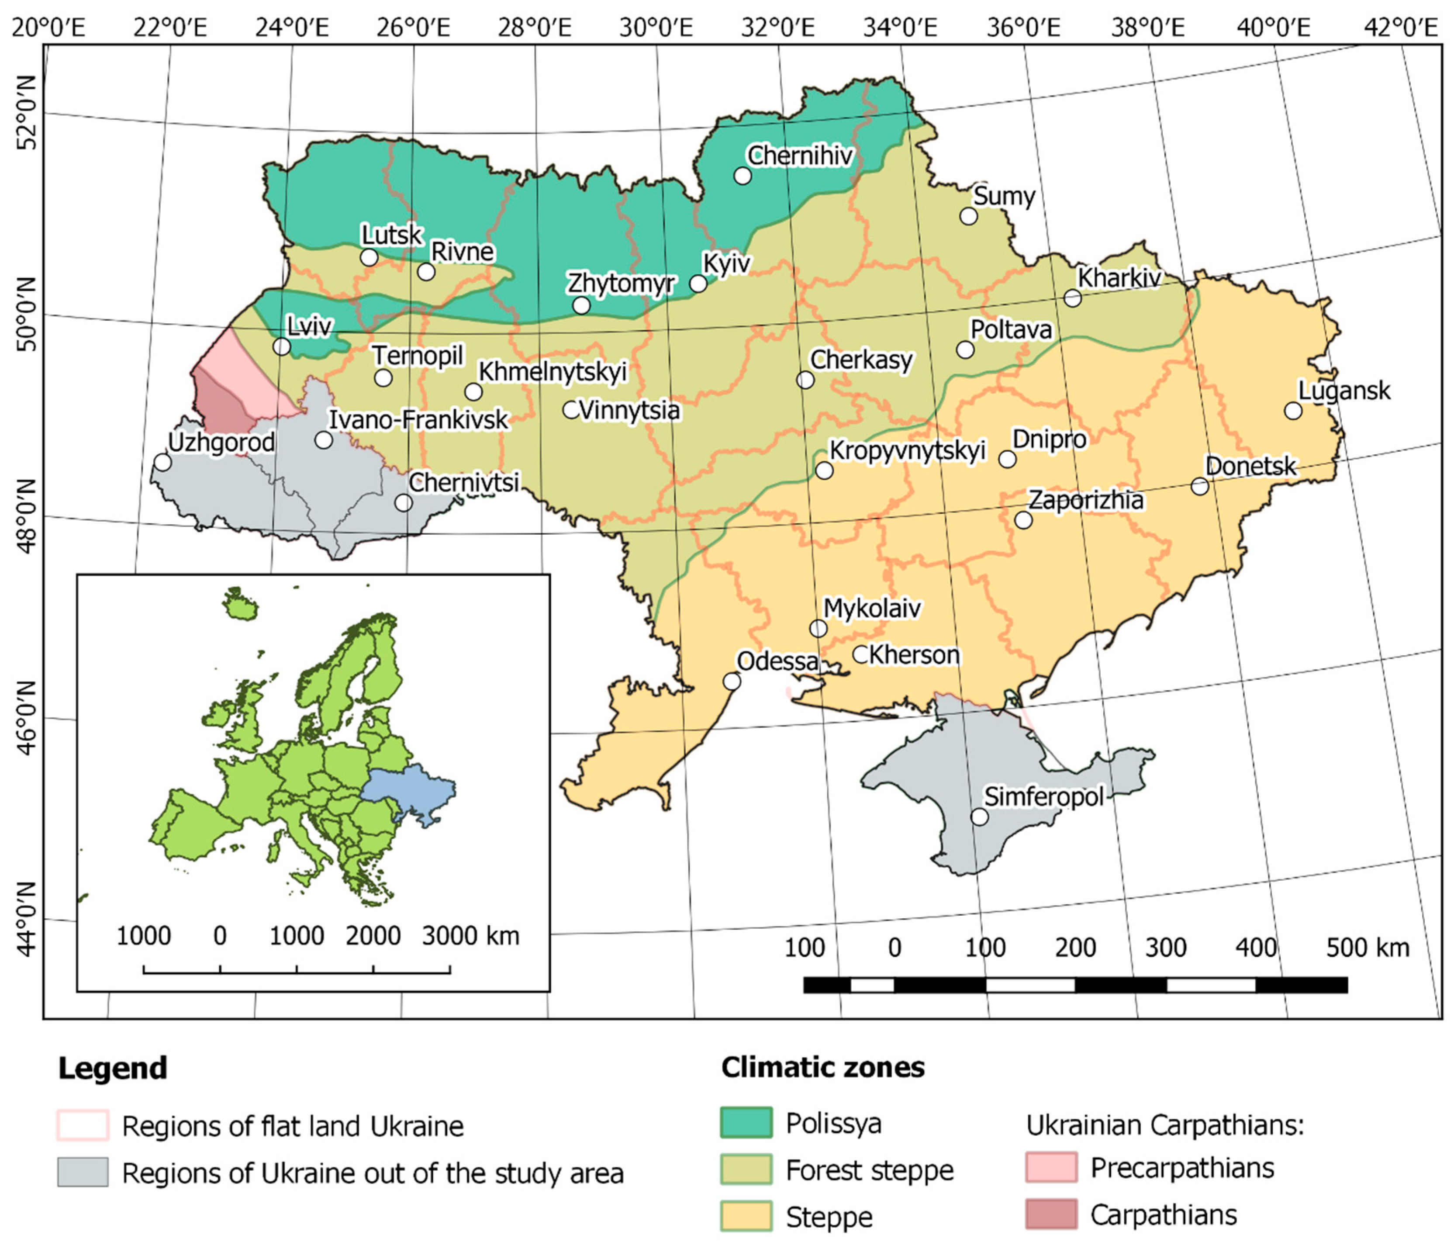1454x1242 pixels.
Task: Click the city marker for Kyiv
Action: point(698,284)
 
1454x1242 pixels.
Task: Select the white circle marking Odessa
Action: point(731,681)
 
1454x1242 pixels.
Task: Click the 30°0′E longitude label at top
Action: point(656,28)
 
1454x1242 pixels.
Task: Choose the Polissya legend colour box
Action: point(746,1122)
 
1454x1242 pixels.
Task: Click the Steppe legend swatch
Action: point(746,1216)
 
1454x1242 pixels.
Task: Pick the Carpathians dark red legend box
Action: point(1050,1214)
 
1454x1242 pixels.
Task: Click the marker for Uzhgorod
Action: point(162,462)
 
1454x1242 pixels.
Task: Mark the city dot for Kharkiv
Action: point(1071,298)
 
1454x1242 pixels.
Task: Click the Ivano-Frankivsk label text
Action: point(418,420)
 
